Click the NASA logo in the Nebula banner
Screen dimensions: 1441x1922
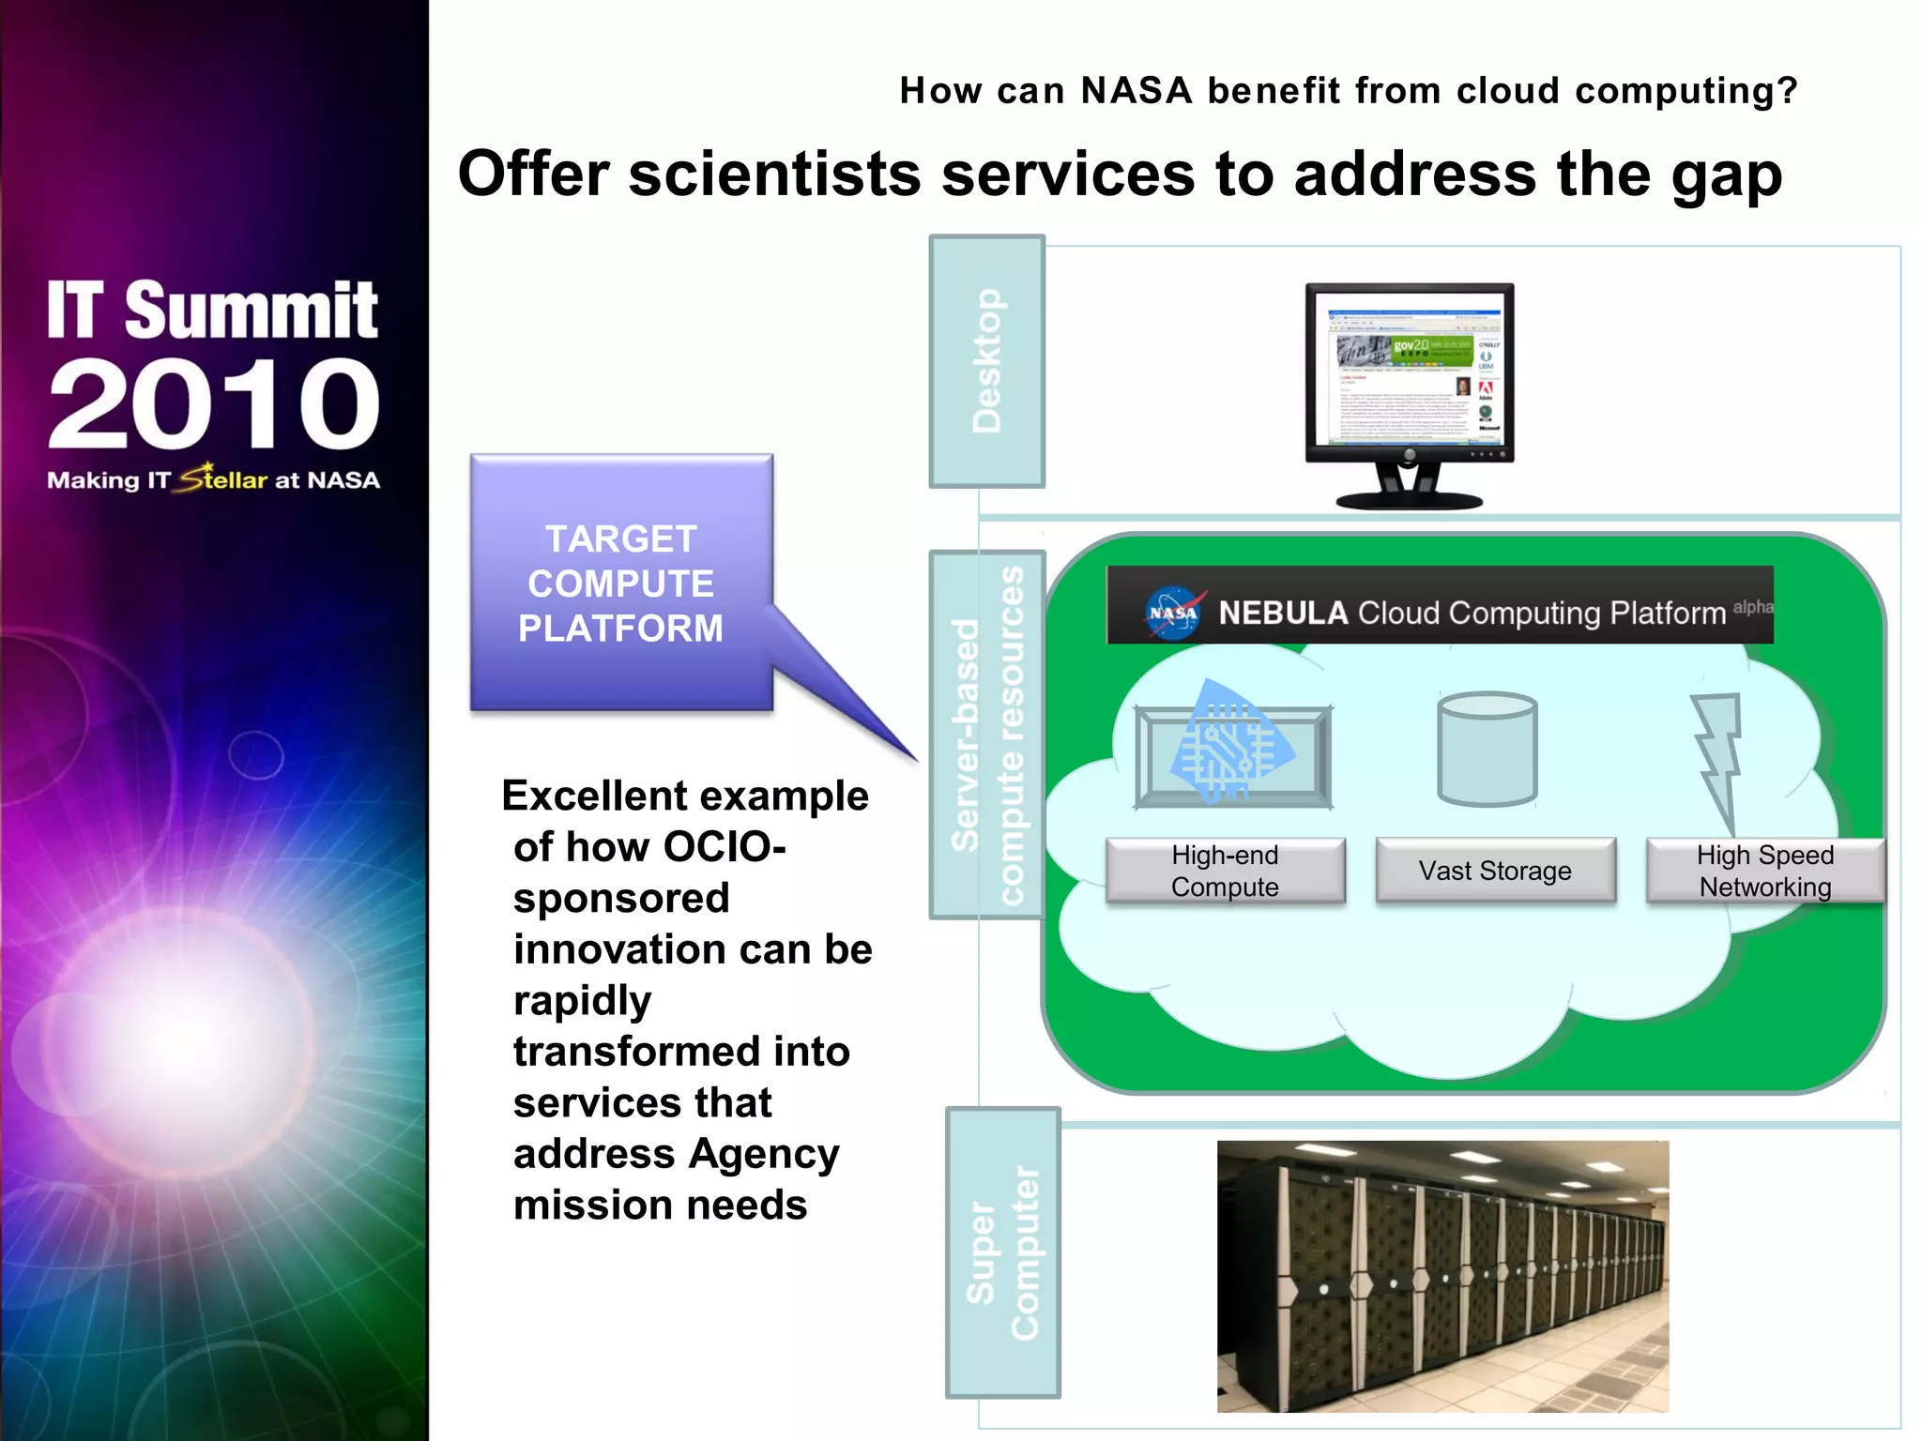click(1172, 613)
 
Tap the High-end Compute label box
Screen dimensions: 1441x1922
click(1225, 871)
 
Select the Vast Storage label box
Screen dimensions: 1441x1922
click(1495, 871)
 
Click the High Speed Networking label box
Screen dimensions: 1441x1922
click(1764, 871)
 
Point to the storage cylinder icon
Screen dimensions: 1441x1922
click(1487, 749)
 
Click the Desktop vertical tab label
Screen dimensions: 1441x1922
click(986, 361)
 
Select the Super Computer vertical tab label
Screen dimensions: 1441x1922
click(1002, 1252)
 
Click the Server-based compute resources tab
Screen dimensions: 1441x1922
click(986, 735)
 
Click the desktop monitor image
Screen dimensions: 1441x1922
click(1409, 394)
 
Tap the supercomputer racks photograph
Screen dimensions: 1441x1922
click(1442, 1276)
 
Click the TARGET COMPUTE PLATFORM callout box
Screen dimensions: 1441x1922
click(621, 583)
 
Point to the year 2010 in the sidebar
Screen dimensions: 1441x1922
click(214, 404)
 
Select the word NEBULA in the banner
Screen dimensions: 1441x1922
click(1283, 613)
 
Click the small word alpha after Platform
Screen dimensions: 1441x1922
click(1752, 607)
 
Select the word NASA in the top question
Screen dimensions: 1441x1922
click(1136, 90)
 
